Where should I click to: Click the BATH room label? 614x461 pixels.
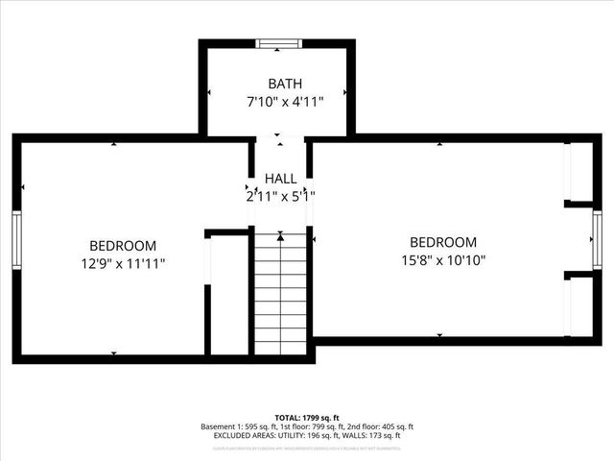278,84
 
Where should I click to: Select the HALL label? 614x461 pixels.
280,179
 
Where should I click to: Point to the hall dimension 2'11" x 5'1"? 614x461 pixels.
280,196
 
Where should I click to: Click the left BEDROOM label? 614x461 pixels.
123,246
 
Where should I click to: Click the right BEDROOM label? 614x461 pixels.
443,242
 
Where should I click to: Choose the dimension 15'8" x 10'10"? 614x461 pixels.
443,259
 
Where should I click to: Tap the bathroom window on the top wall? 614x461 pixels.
279,43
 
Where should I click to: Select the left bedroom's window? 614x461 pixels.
16,235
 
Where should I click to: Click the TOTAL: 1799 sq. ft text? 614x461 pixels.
306,417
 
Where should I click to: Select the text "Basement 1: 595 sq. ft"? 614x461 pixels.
236,426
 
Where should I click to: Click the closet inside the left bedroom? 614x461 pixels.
229,293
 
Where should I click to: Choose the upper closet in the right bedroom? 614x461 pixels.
579,173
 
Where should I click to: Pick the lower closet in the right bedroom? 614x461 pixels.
579,305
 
